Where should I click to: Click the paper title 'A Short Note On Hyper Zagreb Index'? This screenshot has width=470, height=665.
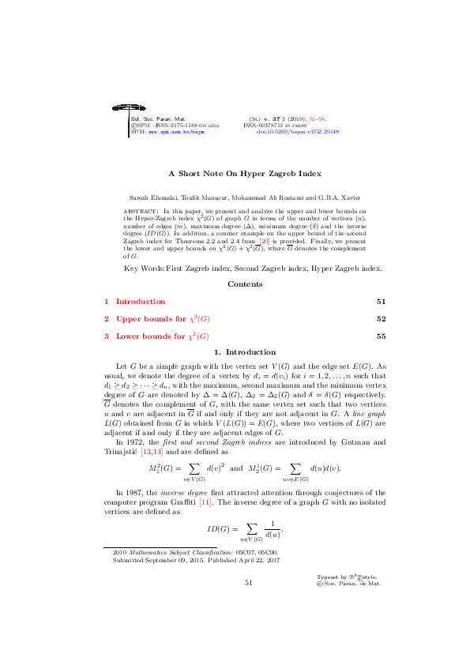point(235,172)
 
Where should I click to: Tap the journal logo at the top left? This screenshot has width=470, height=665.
point(114,107)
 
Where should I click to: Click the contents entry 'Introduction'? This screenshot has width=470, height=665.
point(141,301)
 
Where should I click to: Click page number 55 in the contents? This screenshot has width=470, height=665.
point(381,336)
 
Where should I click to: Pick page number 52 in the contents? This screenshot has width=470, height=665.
point(381,319)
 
